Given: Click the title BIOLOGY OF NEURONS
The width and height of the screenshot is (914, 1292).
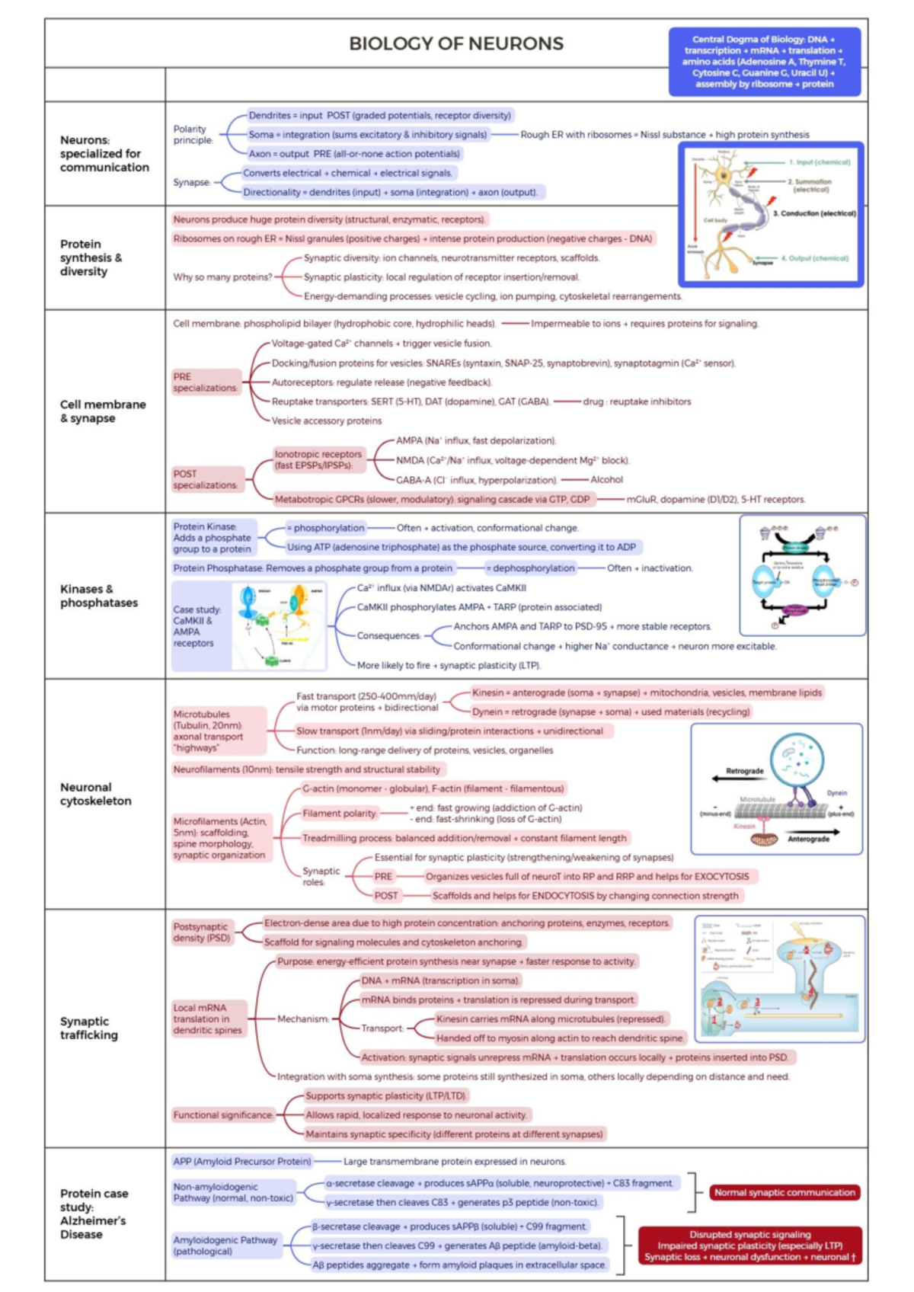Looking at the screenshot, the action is click(456, 44).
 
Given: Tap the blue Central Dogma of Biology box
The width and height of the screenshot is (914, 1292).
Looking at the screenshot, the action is click(764, 62).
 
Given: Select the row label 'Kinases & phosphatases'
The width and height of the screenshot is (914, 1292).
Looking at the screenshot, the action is click(99, 596).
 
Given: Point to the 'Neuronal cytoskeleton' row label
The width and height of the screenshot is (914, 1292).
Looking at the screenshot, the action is click(96, 794).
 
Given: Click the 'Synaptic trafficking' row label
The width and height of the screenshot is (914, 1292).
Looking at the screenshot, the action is click(89, 1028).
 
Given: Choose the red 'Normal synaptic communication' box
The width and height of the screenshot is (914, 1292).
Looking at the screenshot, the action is click(785, 1192).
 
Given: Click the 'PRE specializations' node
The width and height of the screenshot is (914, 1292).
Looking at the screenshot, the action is click(205, 382).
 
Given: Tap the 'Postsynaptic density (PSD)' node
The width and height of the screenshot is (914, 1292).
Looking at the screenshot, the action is click(201, 932).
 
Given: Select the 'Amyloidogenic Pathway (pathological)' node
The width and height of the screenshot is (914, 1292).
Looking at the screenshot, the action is click(225, 1246).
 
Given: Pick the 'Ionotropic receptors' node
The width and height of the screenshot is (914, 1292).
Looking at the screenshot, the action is click(318, 459).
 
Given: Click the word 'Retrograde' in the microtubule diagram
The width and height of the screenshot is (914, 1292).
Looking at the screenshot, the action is click(744, 771).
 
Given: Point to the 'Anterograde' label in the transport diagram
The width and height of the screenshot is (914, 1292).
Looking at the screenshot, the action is click(808, 839).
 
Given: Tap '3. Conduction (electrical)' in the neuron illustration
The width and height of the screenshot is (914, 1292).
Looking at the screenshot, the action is click(814, 213).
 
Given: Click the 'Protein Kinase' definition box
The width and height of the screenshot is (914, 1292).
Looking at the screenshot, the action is click(213, 538).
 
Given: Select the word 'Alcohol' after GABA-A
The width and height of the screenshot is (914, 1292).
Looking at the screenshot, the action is click(606, 480).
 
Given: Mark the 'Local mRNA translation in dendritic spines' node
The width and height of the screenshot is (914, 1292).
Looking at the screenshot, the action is click(208, 1019).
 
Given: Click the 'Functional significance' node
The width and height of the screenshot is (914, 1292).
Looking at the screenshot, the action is click(223, 1115).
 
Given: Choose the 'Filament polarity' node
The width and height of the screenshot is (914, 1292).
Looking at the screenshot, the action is click(340, 814).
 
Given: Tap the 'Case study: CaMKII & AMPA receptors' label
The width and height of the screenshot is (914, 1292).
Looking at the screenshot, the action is click(197, 626).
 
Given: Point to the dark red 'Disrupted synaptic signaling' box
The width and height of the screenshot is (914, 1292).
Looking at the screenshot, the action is click(749, 1246).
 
